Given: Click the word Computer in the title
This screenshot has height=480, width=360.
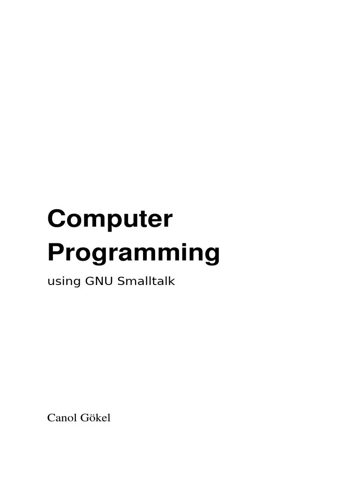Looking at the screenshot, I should click(110, 219).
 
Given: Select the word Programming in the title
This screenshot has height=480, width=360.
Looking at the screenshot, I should click(134, 253).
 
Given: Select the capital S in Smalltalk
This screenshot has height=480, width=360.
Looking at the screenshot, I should click(121, 281).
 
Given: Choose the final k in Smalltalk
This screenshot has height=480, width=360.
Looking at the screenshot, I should click(172, 281).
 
